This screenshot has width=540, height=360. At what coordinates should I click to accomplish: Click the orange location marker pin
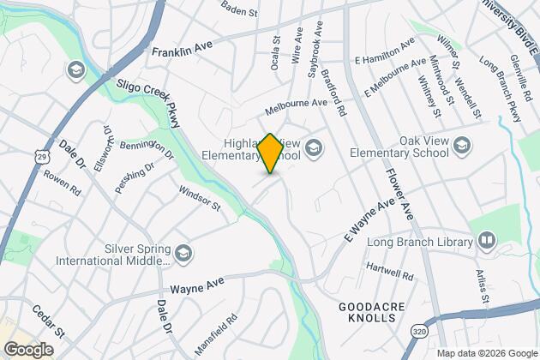[270, 153]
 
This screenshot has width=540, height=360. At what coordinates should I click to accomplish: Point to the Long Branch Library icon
[487, 239]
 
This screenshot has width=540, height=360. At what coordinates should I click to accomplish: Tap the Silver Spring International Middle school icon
[183, 252]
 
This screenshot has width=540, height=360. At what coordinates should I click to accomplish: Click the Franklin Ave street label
[181, 51]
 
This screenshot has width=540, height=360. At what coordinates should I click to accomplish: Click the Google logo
[28, 349]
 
